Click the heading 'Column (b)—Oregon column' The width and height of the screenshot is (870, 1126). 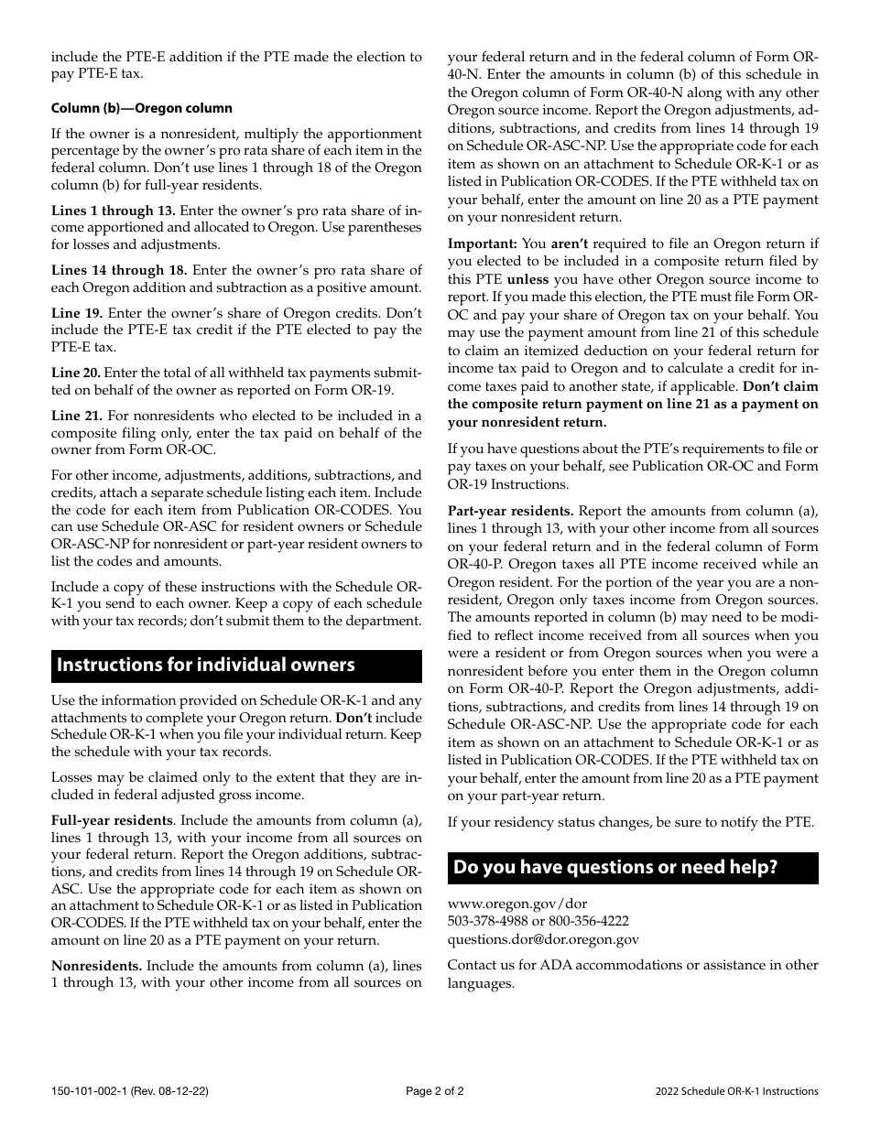pos(141,109)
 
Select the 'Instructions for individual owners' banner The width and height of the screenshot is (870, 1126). pos(236,666)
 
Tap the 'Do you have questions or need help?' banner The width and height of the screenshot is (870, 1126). pos(633,867)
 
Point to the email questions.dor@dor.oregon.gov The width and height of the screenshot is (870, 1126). pos(543,938)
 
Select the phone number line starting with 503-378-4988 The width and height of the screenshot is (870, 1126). pos(538,921)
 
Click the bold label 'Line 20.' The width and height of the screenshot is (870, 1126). pos(76,373)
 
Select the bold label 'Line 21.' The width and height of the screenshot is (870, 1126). pos(77,416)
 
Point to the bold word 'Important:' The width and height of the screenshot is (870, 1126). pos(483,244)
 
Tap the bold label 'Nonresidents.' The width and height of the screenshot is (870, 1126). pos(96,966)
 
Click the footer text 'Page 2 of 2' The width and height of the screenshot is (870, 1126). pos(434,1091)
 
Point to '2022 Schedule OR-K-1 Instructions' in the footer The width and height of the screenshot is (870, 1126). pos(737,1091)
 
